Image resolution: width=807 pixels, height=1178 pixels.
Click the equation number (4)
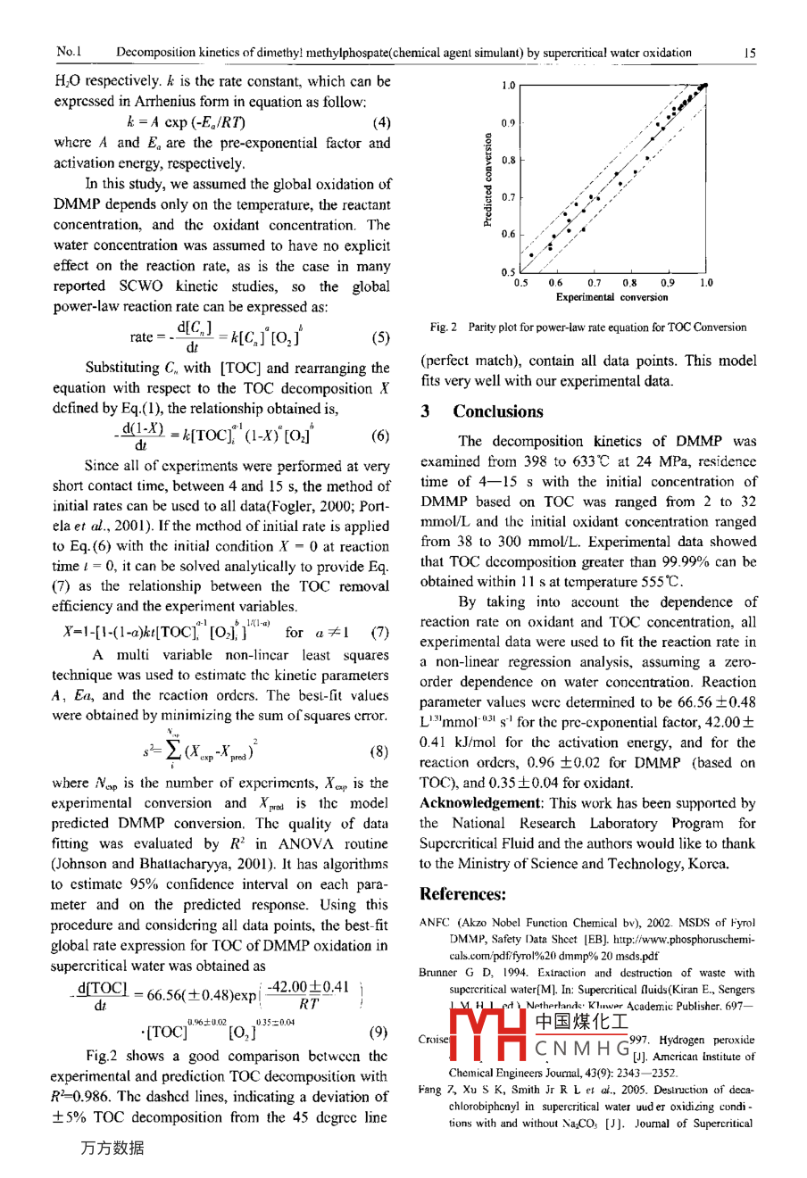381,122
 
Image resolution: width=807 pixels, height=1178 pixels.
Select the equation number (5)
379,338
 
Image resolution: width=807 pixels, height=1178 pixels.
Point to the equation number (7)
380,633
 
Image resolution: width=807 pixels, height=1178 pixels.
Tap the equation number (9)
378,1033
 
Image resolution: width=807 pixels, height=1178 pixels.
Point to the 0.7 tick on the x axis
594,283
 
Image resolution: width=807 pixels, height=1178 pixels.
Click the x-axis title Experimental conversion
611,297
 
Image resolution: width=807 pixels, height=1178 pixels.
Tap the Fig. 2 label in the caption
443,328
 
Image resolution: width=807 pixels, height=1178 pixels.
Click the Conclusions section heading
497,411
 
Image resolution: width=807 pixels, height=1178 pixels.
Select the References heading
462,894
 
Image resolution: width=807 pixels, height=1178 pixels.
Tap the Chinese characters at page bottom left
112,1149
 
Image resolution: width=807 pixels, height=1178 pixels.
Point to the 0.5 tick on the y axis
508,272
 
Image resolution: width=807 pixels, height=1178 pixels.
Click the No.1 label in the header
68,53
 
